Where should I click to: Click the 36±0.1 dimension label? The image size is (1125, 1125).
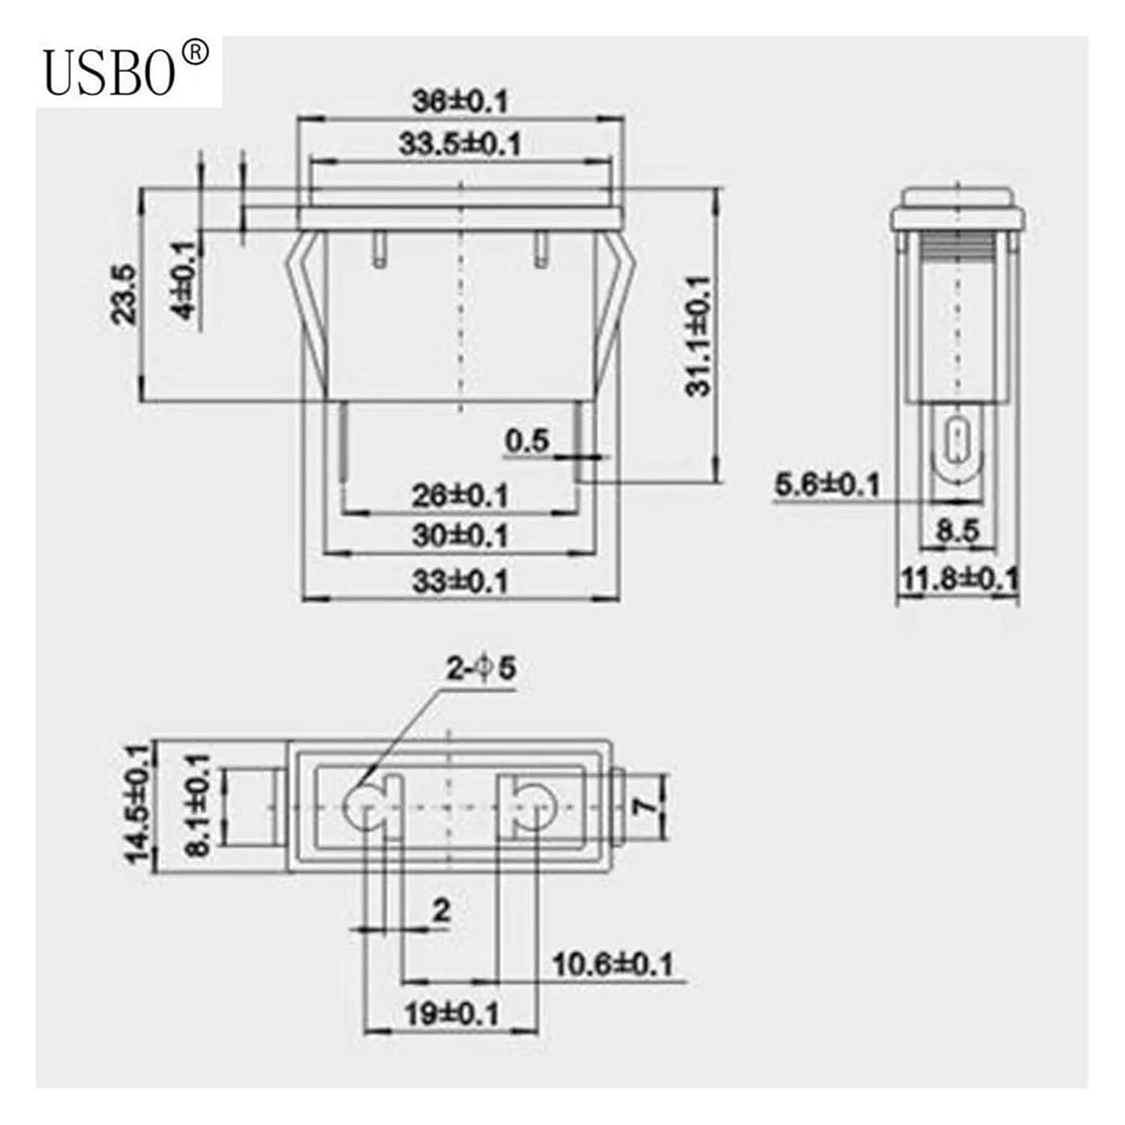460,101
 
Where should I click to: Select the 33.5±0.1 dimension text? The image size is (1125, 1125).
460,143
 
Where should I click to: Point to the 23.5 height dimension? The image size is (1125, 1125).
124,293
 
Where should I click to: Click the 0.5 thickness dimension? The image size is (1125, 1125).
526,441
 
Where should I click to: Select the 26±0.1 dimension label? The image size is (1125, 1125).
460,496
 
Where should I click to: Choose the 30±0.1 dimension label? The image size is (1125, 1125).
460,535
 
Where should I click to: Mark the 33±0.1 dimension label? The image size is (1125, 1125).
460,581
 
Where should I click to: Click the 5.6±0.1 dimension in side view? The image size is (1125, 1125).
826,484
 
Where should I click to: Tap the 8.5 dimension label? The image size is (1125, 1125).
958,531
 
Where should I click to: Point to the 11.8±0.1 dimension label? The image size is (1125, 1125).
959,578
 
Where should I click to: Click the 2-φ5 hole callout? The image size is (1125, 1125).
481,667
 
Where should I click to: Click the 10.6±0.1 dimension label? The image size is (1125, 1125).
613,964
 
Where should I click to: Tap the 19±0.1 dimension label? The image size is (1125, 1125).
451,1015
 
